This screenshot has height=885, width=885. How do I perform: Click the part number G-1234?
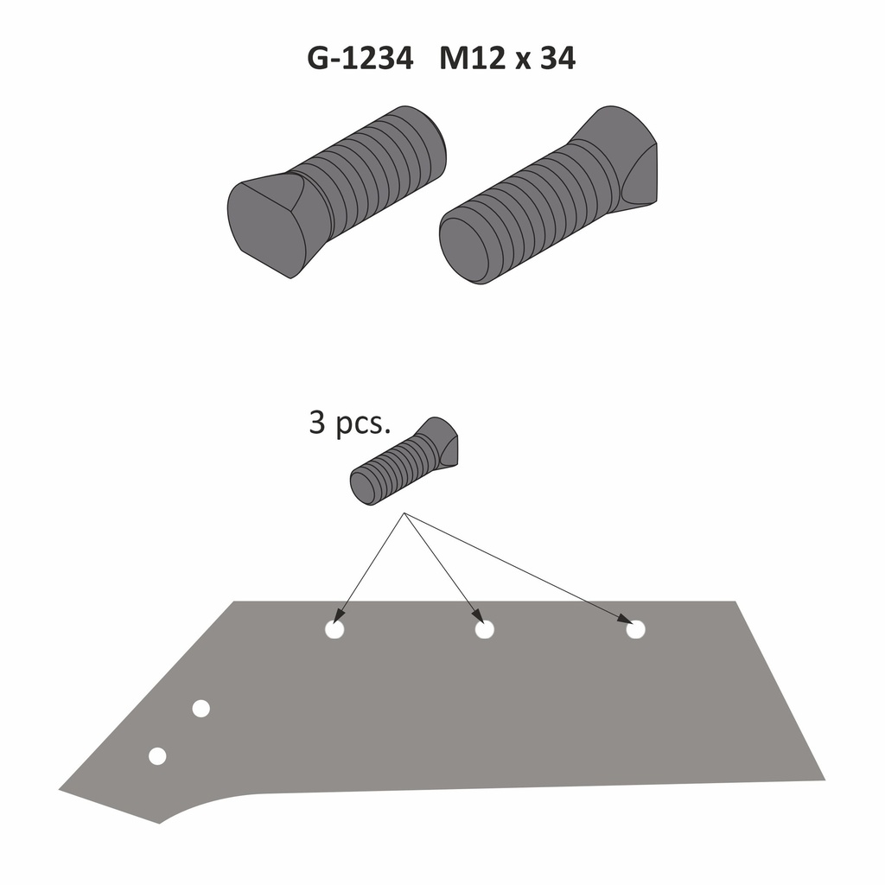point(360,58)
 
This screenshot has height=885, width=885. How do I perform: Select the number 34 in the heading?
point(557,58)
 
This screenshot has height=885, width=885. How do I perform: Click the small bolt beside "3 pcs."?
point(404,461)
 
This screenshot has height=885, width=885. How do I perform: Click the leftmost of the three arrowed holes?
point(334,630)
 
